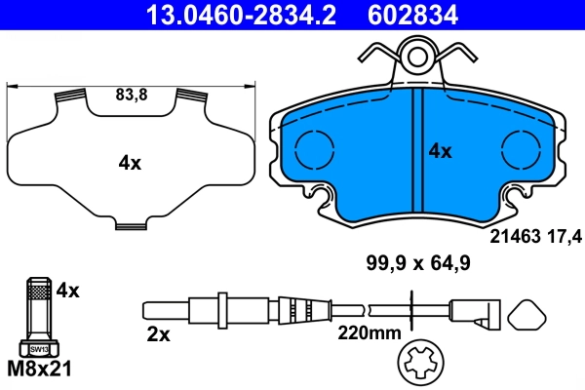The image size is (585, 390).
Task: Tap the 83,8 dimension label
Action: tap(130, 97)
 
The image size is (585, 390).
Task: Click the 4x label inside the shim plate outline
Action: tap(130, 164)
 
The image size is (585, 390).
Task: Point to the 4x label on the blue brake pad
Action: tap(441, 151)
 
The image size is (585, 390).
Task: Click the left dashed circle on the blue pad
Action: tap(313, 148)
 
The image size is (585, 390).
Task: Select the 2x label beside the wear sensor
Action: tap(158, 334)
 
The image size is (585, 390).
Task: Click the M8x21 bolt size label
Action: tap(40, 370)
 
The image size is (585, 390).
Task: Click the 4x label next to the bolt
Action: tap(67, 290)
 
